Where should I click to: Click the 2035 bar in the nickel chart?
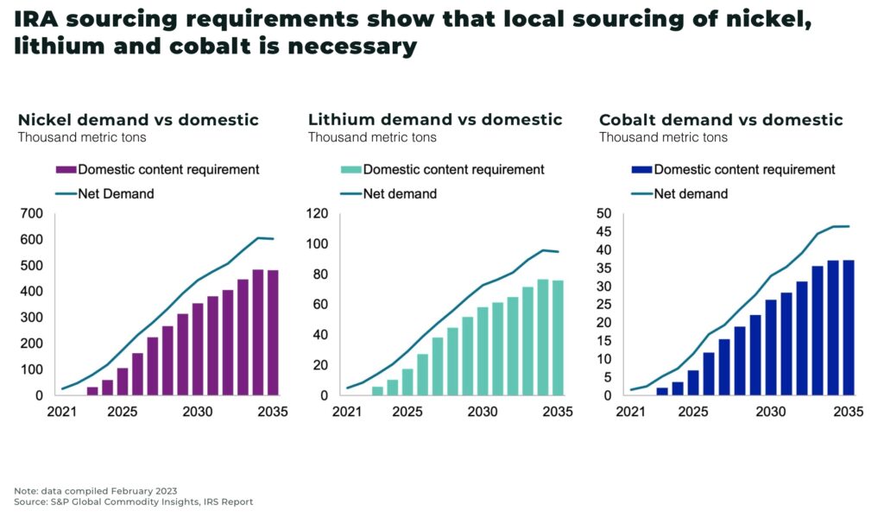click(273, 333)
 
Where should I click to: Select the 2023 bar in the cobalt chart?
click(662, 391)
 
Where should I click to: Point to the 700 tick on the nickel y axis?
click(31, 213)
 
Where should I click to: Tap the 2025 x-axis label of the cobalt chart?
click(691, 412)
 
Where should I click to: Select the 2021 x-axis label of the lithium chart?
click(346, 412)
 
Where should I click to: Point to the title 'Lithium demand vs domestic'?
click(435, 120)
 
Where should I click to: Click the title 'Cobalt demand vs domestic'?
click(721, 120)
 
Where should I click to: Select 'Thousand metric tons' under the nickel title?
click(82, 137)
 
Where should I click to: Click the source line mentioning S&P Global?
click(133, 501)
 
